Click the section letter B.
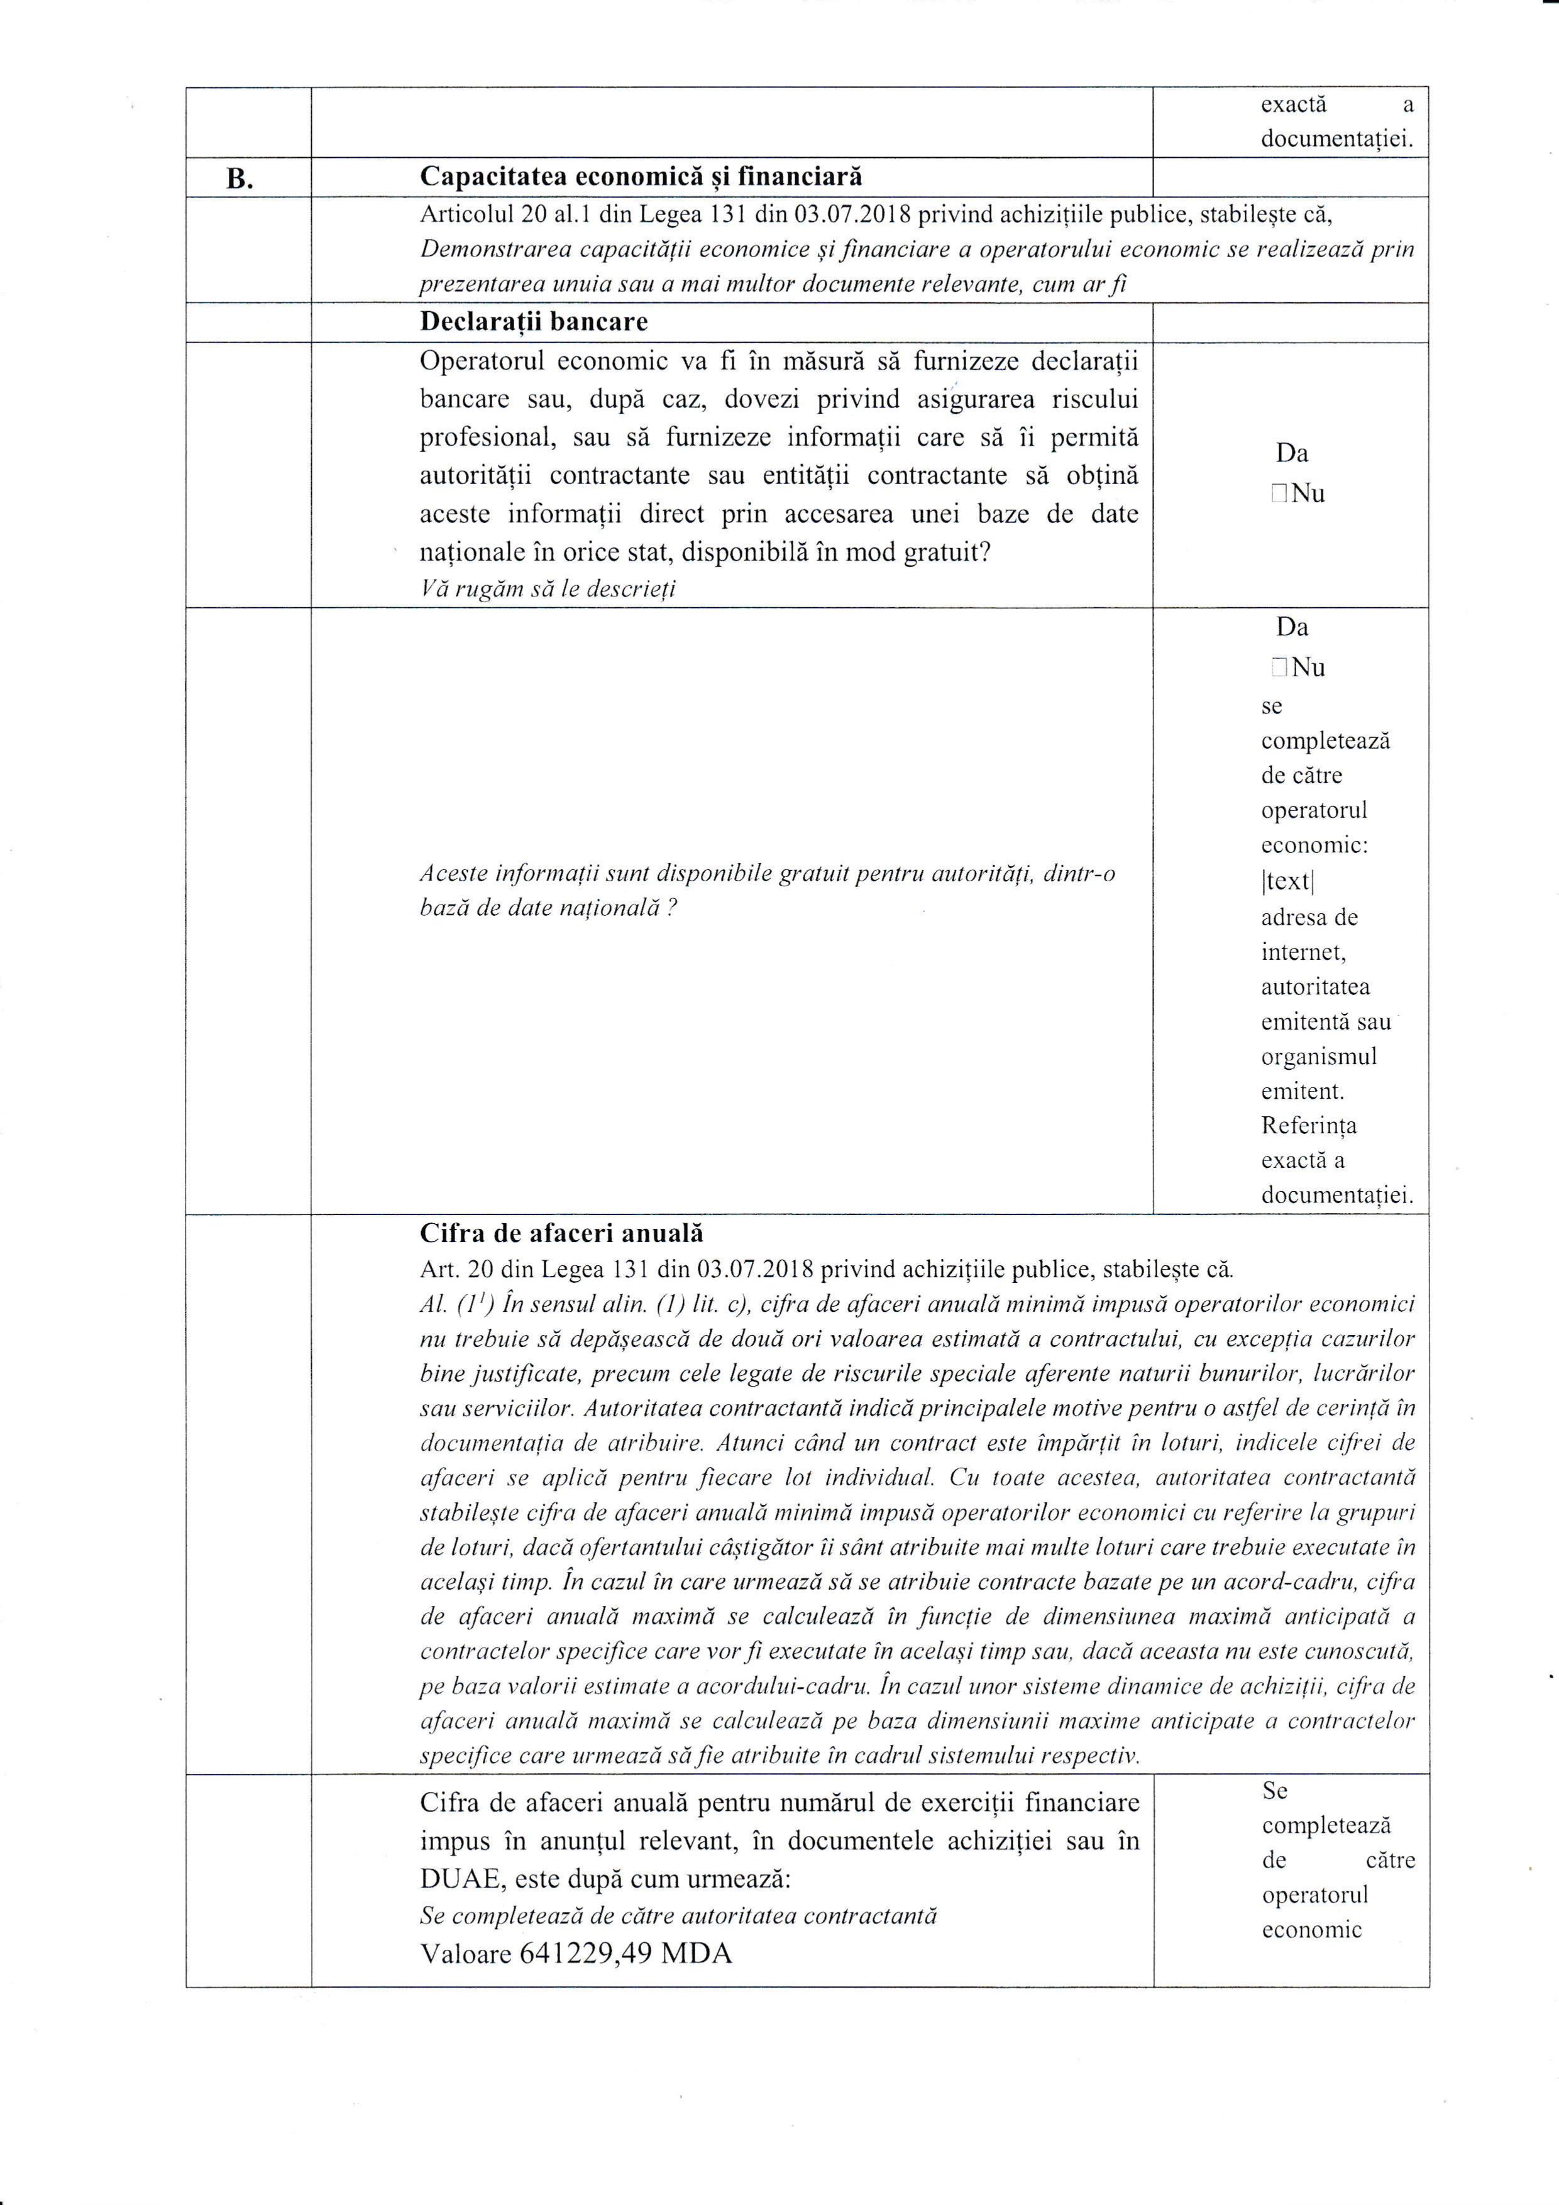237,179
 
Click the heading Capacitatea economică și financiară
641,177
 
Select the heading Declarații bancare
534,322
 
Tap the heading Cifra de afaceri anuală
562,1233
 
